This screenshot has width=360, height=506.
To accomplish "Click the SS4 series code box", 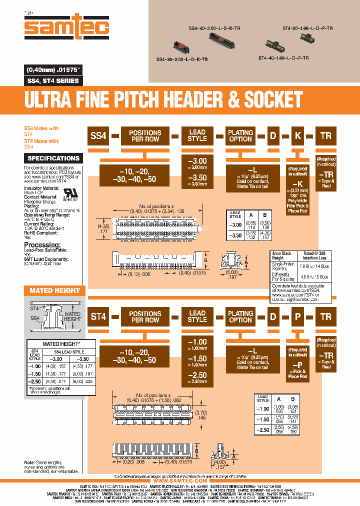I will tap(98, 135).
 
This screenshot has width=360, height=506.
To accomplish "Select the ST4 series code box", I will tap(98, 316).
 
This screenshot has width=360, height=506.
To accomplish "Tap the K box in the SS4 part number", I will tap(297, 135).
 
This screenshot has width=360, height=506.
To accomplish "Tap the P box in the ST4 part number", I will tap(297, 316).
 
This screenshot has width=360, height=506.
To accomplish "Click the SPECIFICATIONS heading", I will tap(53, 158).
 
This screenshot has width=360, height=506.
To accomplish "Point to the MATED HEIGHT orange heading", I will tap(54, 290).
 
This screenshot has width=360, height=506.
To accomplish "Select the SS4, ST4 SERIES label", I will tap(52, 81).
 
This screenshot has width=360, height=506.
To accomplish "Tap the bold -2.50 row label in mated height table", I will tap(35, 381).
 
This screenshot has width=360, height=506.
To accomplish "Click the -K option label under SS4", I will tap(297, 183).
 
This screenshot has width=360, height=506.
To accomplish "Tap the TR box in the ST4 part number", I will tap(325, 316).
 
